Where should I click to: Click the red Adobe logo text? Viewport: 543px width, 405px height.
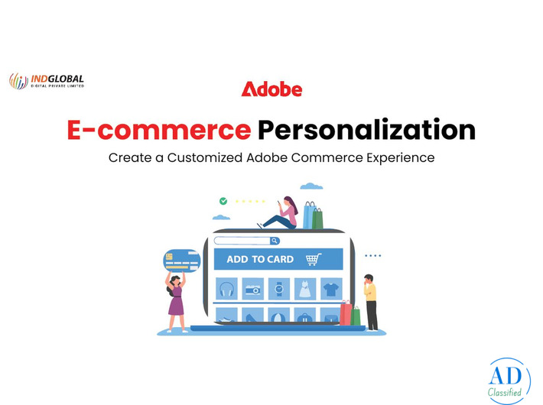click(x=271, y=89)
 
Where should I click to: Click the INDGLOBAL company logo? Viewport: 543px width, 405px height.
click(x=47, y=80)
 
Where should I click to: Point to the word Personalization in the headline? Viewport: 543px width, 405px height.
click(x=366, y=130)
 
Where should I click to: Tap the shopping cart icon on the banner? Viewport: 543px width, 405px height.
click(x=313, y=259)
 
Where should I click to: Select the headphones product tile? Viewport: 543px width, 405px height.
click(x=227, y=289)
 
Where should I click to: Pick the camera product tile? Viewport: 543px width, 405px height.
click(x=252, y=289)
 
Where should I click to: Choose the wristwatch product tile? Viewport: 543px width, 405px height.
click(x=278, y=289)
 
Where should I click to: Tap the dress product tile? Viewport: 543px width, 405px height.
click(x=304, y=289)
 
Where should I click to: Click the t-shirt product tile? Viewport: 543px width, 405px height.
click(x=330, y=289)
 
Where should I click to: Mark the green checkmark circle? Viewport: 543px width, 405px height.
click(x=223, y=201)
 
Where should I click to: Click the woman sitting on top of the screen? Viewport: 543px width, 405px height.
click(x=282, y=213)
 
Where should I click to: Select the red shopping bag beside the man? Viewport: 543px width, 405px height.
click(x=346, y=313)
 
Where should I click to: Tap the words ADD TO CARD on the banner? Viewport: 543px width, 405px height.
click(x=260, y=259)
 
